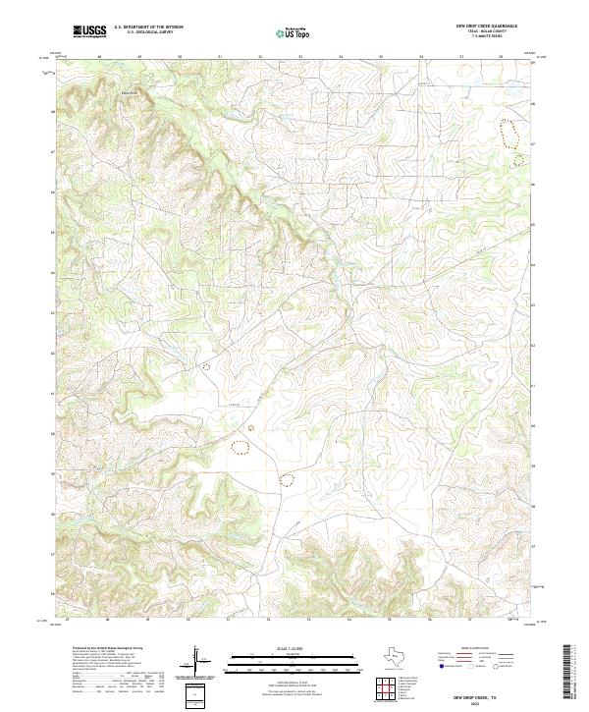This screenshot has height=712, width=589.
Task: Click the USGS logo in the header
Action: coord(90,31)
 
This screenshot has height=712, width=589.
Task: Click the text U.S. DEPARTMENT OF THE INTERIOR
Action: coord(148,27)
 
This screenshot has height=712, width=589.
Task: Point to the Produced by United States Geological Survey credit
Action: coord(98,649)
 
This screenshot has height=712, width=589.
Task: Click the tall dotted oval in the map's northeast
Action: coord(509,133)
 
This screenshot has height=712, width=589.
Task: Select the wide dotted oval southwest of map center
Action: coord(241,448)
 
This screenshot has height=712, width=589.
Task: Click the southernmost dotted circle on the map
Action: coord(287,480)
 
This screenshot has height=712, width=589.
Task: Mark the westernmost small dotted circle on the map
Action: coord(206,364)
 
